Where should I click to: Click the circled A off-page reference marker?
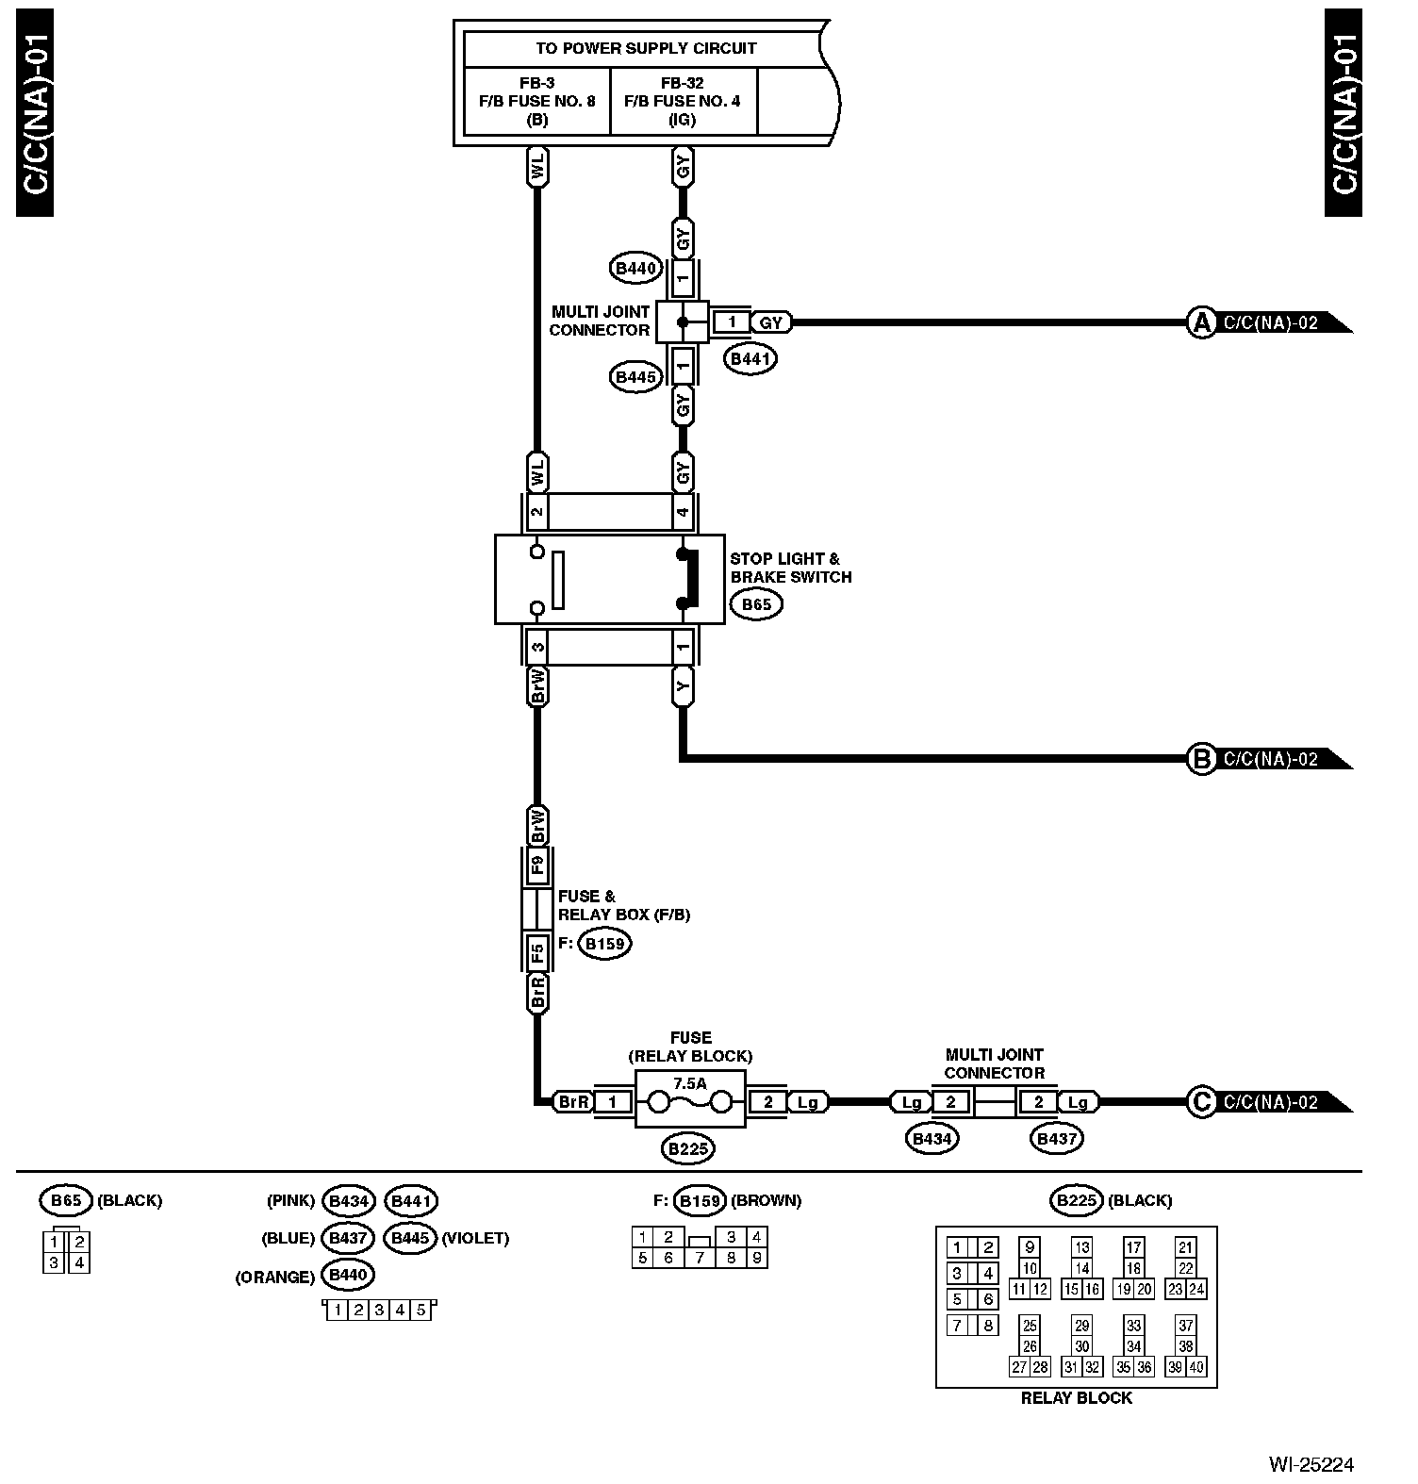point(1201,322)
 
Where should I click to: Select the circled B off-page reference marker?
point(1201,759)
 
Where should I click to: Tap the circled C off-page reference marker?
point(1201,1101)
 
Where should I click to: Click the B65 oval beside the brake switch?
point(756,605)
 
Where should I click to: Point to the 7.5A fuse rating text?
point(690,1083)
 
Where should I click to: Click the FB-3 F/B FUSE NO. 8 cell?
point(537,101)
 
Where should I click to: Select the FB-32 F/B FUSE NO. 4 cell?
point(683,101)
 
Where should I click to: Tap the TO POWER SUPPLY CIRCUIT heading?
point(646,48)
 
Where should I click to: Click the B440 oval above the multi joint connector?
point(635,269)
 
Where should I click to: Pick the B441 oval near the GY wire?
point(750,358)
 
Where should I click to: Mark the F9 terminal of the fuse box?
point(536,865)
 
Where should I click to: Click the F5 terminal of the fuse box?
point(536,953)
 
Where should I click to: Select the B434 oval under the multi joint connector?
point(932,1138)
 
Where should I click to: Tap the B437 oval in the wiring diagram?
point(1056,1138)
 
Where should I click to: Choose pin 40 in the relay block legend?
point(1195,1367)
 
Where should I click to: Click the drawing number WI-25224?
point(1311,1464)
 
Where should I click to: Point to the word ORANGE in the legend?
point(274,1278)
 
